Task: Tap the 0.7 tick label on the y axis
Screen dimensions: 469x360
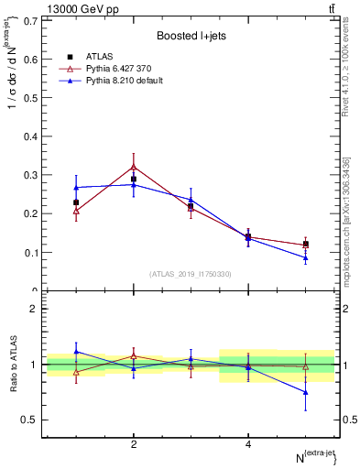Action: [x=30, y=20]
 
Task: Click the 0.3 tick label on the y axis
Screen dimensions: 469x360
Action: [x=30, y=175]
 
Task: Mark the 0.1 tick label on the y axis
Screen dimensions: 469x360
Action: [x=30, y=253]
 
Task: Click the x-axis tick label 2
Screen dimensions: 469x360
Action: [x=134, y=444]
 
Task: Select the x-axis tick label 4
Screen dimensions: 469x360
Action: [x=248, y=444]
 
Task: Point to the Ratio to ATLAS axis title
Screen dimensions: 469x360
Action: [x=13, y=365]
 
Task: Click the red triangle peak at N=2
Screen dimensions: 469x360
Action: [x=134, y=167]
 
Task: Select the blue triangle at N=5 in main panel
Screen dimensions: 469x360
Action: [x=306, y=257]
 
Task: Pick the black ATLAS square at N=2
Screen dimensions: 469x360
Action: [x=134, y=180]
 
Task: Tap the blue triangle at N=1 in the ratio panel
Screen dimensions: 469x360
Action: [x=76, y=351]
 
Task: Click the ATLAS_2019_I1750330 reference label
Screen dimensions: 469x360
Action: [x=191, y=274]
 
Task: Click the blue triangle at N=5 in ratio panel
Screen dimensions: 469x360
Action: [x=306, y=392]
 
